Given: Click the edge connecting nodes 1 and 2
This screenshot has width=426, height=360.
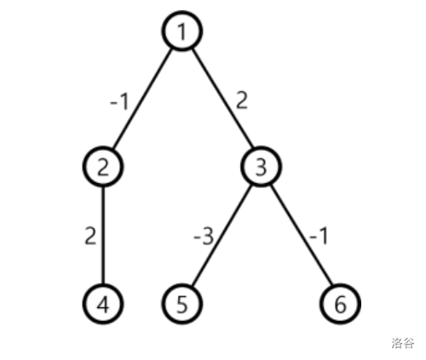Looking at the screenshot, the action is coord(142,99).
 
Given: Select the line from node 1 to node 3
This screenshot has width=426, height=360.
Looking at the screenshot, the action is coord(222,99).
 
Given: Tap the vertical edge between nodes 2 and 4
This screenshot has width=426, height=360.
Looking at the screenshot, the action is coord(103,235).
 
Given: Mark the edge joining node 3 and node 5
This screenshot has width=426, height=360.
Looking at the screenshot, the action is coord(222,236).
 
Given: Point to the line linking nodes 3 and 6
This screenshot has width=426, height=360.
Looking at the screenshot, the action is coord(301,236).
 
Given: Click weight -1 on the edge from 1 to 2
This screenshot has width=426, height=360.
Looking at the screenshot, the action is coord(119,101).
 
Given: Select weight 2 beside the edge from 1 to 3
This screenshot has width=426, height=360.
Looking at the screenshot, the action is coord(242,100).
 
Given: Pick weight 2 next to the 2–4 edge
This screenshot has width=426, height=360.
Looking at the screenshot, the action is coord(90,236).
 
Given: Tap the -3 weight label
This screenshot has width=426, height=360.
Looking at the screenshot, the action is coord(204,237).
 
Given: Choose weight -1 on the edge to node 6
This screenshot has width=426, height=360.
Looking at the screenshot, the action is coord(319,236).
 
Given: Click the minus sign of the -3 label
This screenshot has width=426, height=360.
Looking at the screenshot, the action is coord(197,237).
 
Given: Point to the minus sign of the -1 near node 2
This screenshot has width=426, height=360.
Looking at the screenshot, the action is coord(113,102).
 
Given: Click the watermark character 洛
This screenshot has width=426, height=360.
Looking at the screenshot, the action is coord(397,343).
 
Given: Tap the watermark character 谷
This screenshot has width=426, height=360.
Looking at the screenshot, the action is coord(409,343).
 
